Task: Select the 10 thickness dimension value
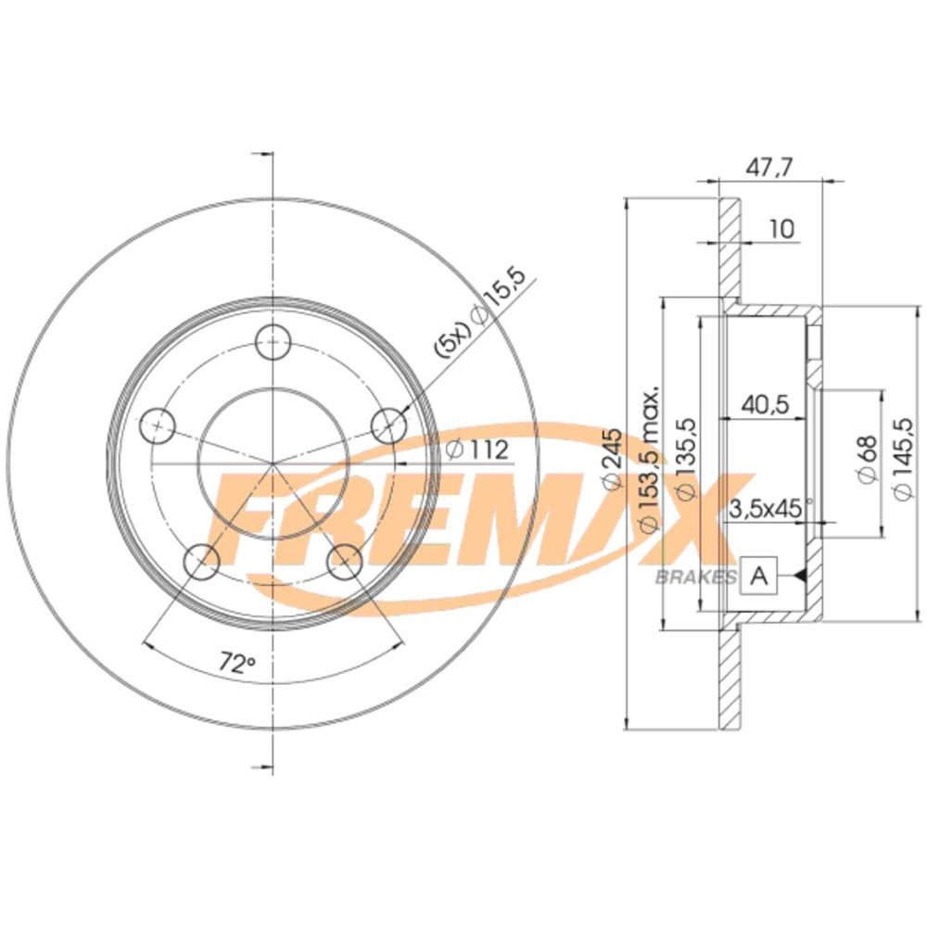tap(782, 229)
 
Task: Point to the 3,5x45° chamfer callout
tap(771, 508)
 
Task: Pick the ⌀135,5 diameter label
tap(685, 460)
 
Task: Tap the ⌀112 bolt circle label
tap(476, 450)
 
